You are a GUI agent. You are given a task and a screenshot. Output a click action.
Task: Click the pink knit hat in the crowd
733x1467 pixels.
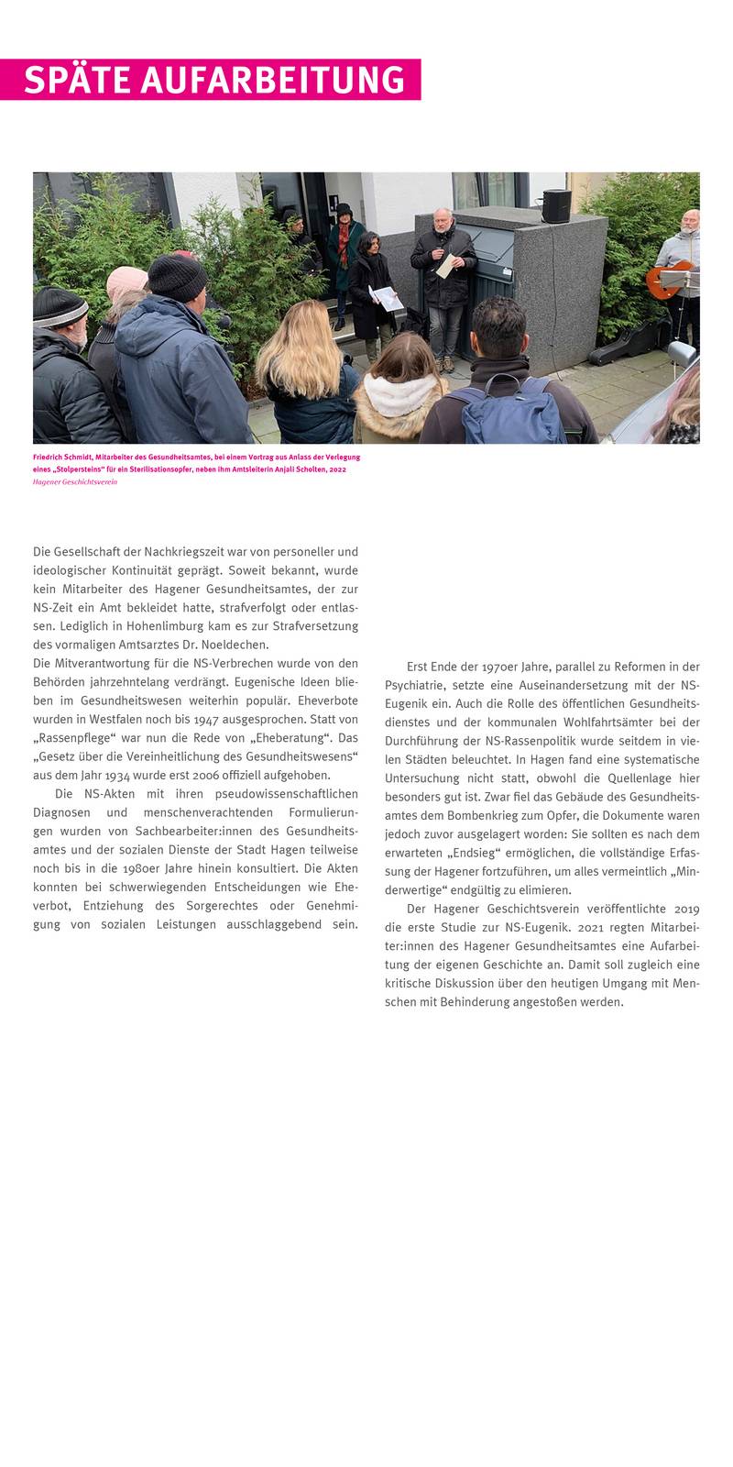[x=126, y=281]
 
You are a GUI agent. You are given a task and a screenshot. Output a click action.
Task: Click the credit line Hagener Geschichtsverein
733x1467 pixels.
[x=75, y=481]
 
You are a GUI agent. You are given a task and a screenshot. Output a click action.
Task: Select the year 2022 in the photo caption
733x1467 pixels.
[x=337, y=469]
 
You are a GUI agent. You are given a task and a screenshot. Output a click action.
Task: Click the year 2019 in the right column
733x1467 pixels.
[x=686, y=909]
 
